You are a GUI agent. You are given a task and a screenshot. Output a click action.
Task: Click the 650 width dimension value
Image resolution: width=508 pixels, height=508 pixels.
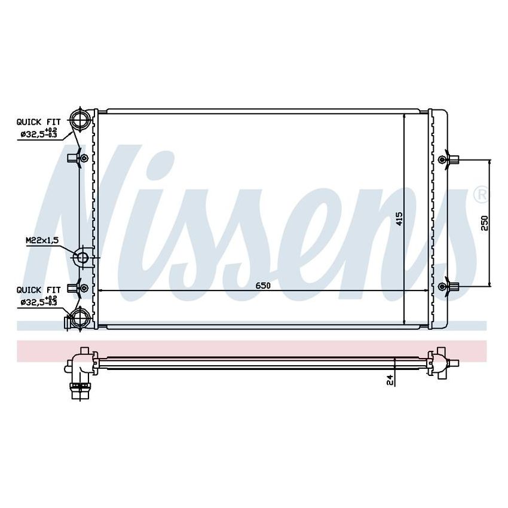click(264, 286)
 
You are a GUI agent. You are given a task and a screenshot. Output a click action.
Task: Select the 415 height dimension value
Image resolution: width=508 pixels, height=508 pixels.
click(399, 219)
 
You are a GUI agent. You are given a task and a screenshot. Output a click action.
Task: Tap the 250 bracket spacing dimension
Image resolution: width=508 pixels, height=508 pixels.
click(485, 223)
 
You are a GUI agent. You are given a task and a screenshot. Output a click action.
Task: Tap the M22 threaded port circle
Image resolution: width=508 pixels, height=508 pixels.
click(81, 258)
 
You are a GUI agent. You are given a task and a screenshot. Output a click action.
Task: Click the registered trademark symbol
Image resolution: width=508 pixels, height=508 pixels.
click(480, 194)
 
